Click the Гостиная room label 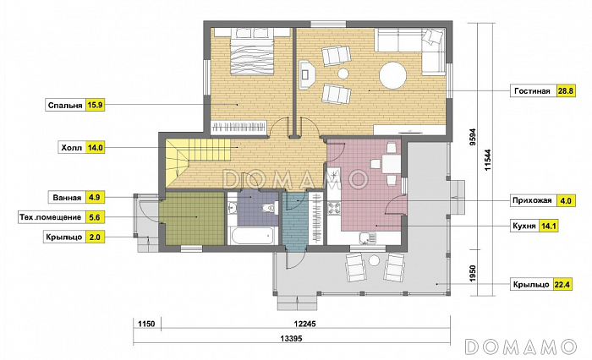(532, 91)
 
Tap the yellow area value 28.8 (566, 91)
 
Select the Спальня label (65, 106)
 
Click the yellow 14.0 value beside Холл (95, 148)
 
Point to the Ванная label (67, 198)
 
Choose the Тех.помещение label (50, 217)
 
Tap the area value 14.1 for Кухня (548, 226)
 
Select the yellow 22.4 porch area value (562, 284)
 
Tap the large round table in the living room (392, 75)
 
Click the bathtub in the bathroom (252, 236)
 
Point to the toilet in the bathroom (269, 208)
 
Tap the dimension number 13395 (292, 339)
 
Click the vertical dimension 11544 (488, 161)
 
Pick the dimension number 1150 (146, 324)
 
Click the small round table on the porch (374, 260)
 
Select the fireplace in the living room (306, 74)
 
